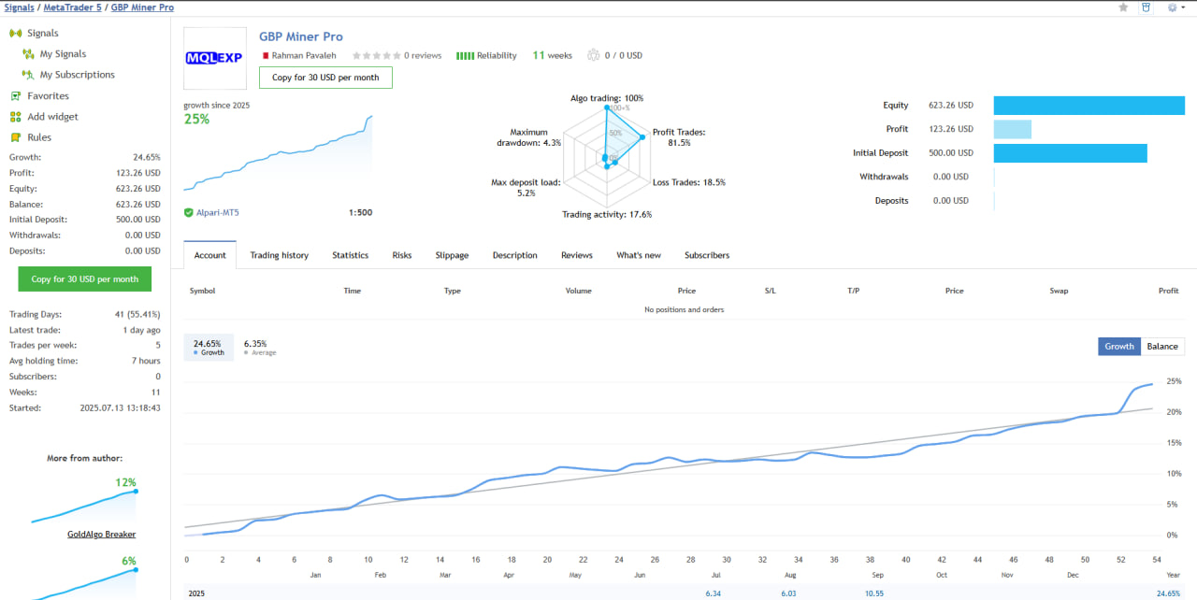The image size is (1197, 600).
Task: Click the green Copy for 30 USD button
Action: coord(84,279)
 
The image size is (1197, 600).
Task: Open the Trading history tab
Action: coord(279,255)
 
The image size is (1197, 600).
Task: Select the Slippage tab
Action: coord(452,255)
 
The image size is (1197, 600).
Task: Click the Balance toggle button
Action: coord(1162,346)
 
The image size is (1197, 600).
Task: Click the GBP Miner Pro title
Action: coord(300,36)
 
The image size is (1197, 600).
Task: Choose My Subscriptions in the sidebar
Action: coord(77,75)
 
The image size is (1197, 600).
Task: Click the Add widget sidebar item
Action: coord(52,117)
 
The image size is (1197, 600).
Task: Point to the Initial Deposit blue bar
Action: coord(1070,153)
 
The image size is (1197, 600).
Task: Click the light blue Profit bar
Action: coord(1012,129)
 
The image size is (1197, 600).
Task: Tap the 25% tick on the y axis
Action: coord(1174,381)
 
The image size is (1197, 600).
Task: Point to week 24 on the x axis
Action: coord(618,559)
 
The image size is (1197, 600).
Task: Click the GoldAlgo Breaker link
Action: coord(101,535)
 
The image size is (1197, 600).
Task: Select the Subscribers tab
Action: coord(706,255)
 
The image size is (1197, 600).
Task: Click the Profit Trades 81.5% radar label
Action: coord(679,137)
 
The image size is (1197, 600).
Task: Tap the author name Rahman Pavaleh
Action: coord(304,55)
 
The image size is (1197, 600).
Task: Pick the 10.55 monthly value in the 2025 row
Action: coord(874,593)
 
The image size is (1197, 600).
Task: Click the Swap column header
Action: coord(1059,291)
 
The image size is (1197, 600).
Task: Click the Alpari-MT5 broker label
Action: coord(217,212)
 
